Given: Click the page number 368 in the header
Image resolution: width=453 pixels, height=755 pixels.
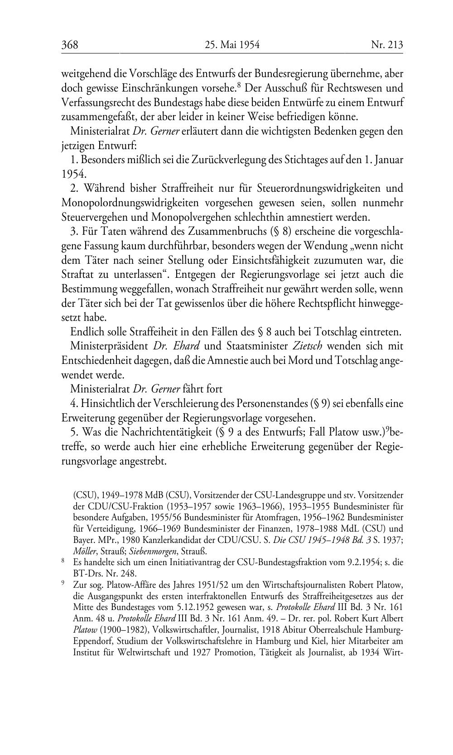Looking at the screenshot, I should pos(70,44).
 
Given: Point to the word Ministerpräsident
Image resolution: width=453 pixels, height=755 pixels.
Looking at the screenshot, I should pos(109,346).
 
